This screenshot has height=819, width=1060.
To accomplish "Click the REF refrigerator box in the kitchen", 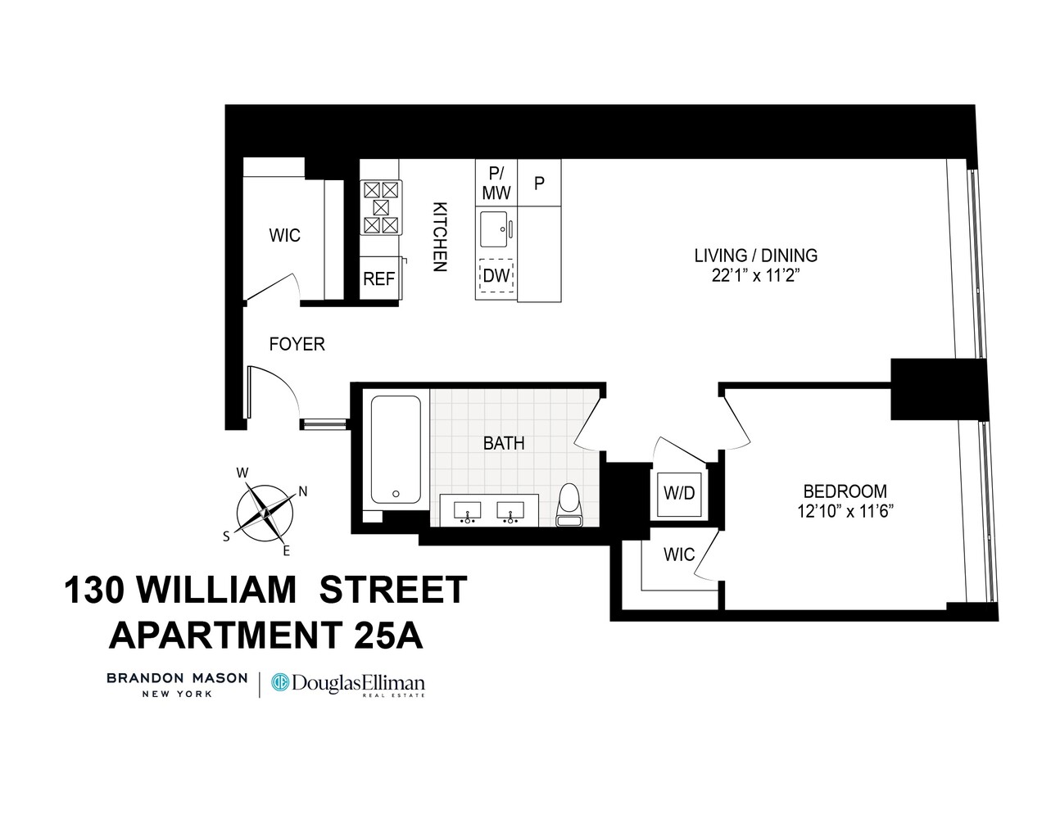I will (x=379, y=278).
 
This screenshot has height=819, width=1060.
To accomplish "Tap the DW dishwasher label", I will (x=496, y=276).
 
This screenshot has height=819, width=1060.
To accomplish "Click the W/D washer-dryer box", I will (x=678, y=493).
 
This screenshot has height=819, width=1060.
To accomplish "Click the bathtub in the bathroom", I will (x=396, y=449).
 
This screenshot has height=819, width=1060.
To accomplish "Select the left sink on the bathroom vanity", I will (x=468, y=510).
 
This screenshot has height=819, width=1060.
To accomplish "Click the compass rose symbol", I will (x=265, y=512).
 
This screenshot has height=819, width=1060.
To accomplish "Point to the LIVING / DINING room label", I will (x=755, y=256).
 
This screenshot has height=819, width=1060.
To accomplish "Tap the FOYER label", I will (x=297, y=345).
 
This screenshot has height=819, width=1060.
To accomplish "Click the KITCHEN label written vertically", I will (x=440, y=237).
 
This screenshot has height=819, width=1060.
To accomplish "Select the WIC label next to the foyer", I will (x=285, y=236).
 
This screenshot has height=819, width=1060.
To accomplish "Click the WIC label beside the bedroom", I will (x=678, y=554).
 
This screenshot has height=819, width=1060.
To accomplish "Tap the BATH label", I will (x=504, y=443).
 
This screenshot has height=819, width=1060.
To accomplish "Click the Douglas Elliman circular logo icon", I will (x=281, y=682).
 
